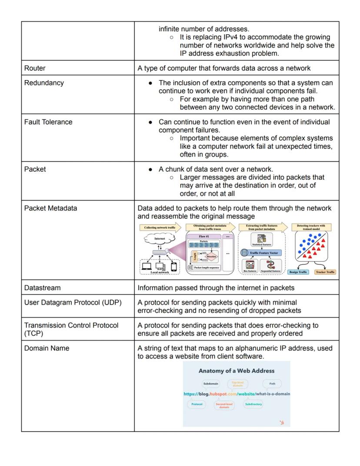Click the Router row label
(35, 68)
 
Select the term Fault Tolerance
(48, 122)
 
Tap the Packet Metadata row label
(50, 208)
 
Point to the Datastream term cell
(43, 288)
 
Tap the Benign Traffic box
(298, 272)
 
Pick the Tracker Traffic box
(325, 272)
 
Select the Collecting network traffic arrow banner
(160, 228)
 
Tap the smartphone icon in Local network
(174, 266)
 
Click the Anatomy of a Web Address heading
(237, 371)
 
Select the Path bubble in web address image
(272, 384)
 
